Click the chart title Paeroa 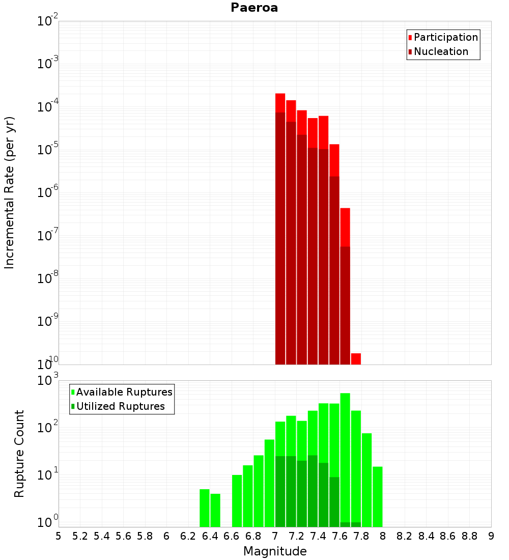pos(254,8)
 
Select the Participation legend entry pos(445,37)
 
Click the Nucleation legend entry pos(440,51)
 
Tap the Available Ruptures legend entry pos(124,392)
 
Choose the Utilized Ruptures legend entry pos(120,406)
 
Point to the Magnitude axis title pos(275,551)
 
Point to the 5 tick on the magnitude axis pos(59,536)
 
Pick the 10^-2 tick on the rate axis pos(48,22)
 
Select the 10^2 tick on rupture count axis pos(48,428)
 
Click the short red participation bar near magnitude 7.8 pos(356,359)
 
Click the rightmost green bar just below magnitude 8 pos(377,496)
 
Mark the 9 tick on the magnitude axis pos(491,536)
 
